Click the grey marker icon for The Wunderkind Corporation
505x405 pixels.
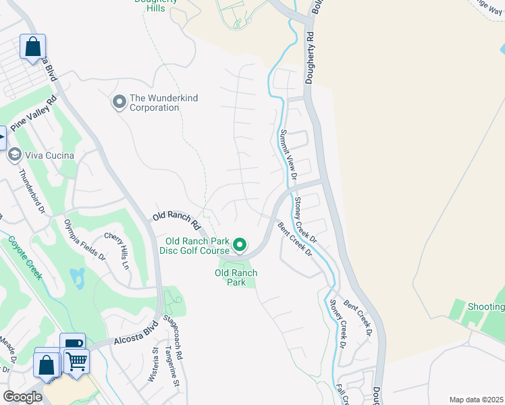point(119,103)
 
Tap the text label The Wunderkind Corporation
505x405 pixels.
point(163,103)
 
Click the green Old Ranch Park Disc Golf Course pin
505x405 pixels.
point(240,244)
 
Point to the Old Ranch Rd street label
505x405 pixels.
point(176,219)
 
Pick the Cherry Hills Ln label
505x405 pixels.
point(116,251)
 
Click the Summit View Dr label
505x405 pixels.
point(288,155)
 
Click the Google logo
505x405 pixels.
point(22,397)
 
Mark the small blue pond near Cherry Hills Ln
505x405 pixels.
point(78,277)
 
